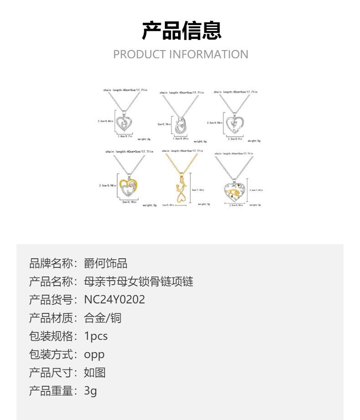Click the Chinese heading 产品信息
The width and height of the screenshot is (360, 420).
coord(181,31)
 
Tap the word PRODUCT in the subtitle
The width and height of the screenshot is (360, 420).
coord(139,54)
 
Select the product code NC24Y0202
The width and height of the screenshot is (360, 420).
coord(114,299)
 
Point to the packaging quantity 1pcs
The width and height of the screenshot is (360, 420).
coord(96,336)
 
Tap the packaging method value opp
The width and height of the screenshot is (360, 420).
coord(94,354)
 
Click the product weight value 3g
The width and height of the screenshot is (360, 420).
coord(90,390)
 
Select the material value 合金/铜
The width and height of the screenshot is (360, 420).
coord(103,318)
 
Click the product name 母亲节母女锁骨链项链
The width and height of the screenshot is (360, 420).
coord(139,281)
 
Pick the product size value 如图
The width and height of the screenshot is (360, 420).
coord(95,372)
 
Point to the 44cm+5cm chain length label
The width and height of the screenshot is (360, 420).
coord(182,151)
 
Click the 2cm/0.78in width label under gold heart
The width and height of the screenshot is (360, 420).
coord(129,202)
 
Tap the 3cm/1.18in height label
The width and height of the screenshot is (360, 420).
coord(198,190)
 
